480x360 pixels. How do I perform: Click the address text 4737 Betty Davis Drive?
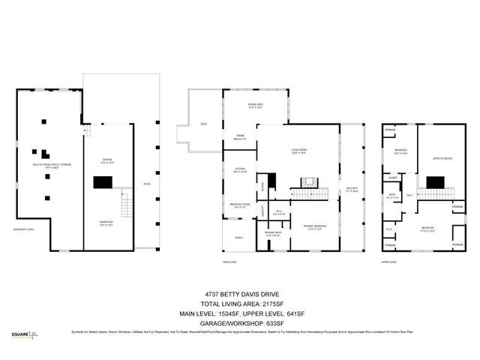click(240, 295)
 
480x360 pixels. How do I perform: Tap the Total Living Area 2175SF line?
click(240, 304)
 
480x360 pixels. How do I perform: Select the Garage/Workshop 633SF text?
click(240, 322)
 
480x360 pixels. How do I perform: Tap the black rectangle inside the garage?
click(103, 181)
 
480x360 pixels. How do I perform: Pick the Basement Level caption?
click(25, 229)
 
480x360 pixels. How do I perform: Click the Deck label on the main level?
click(204, 124)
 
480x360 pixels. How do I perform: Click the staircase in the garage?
click(125, 201)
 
